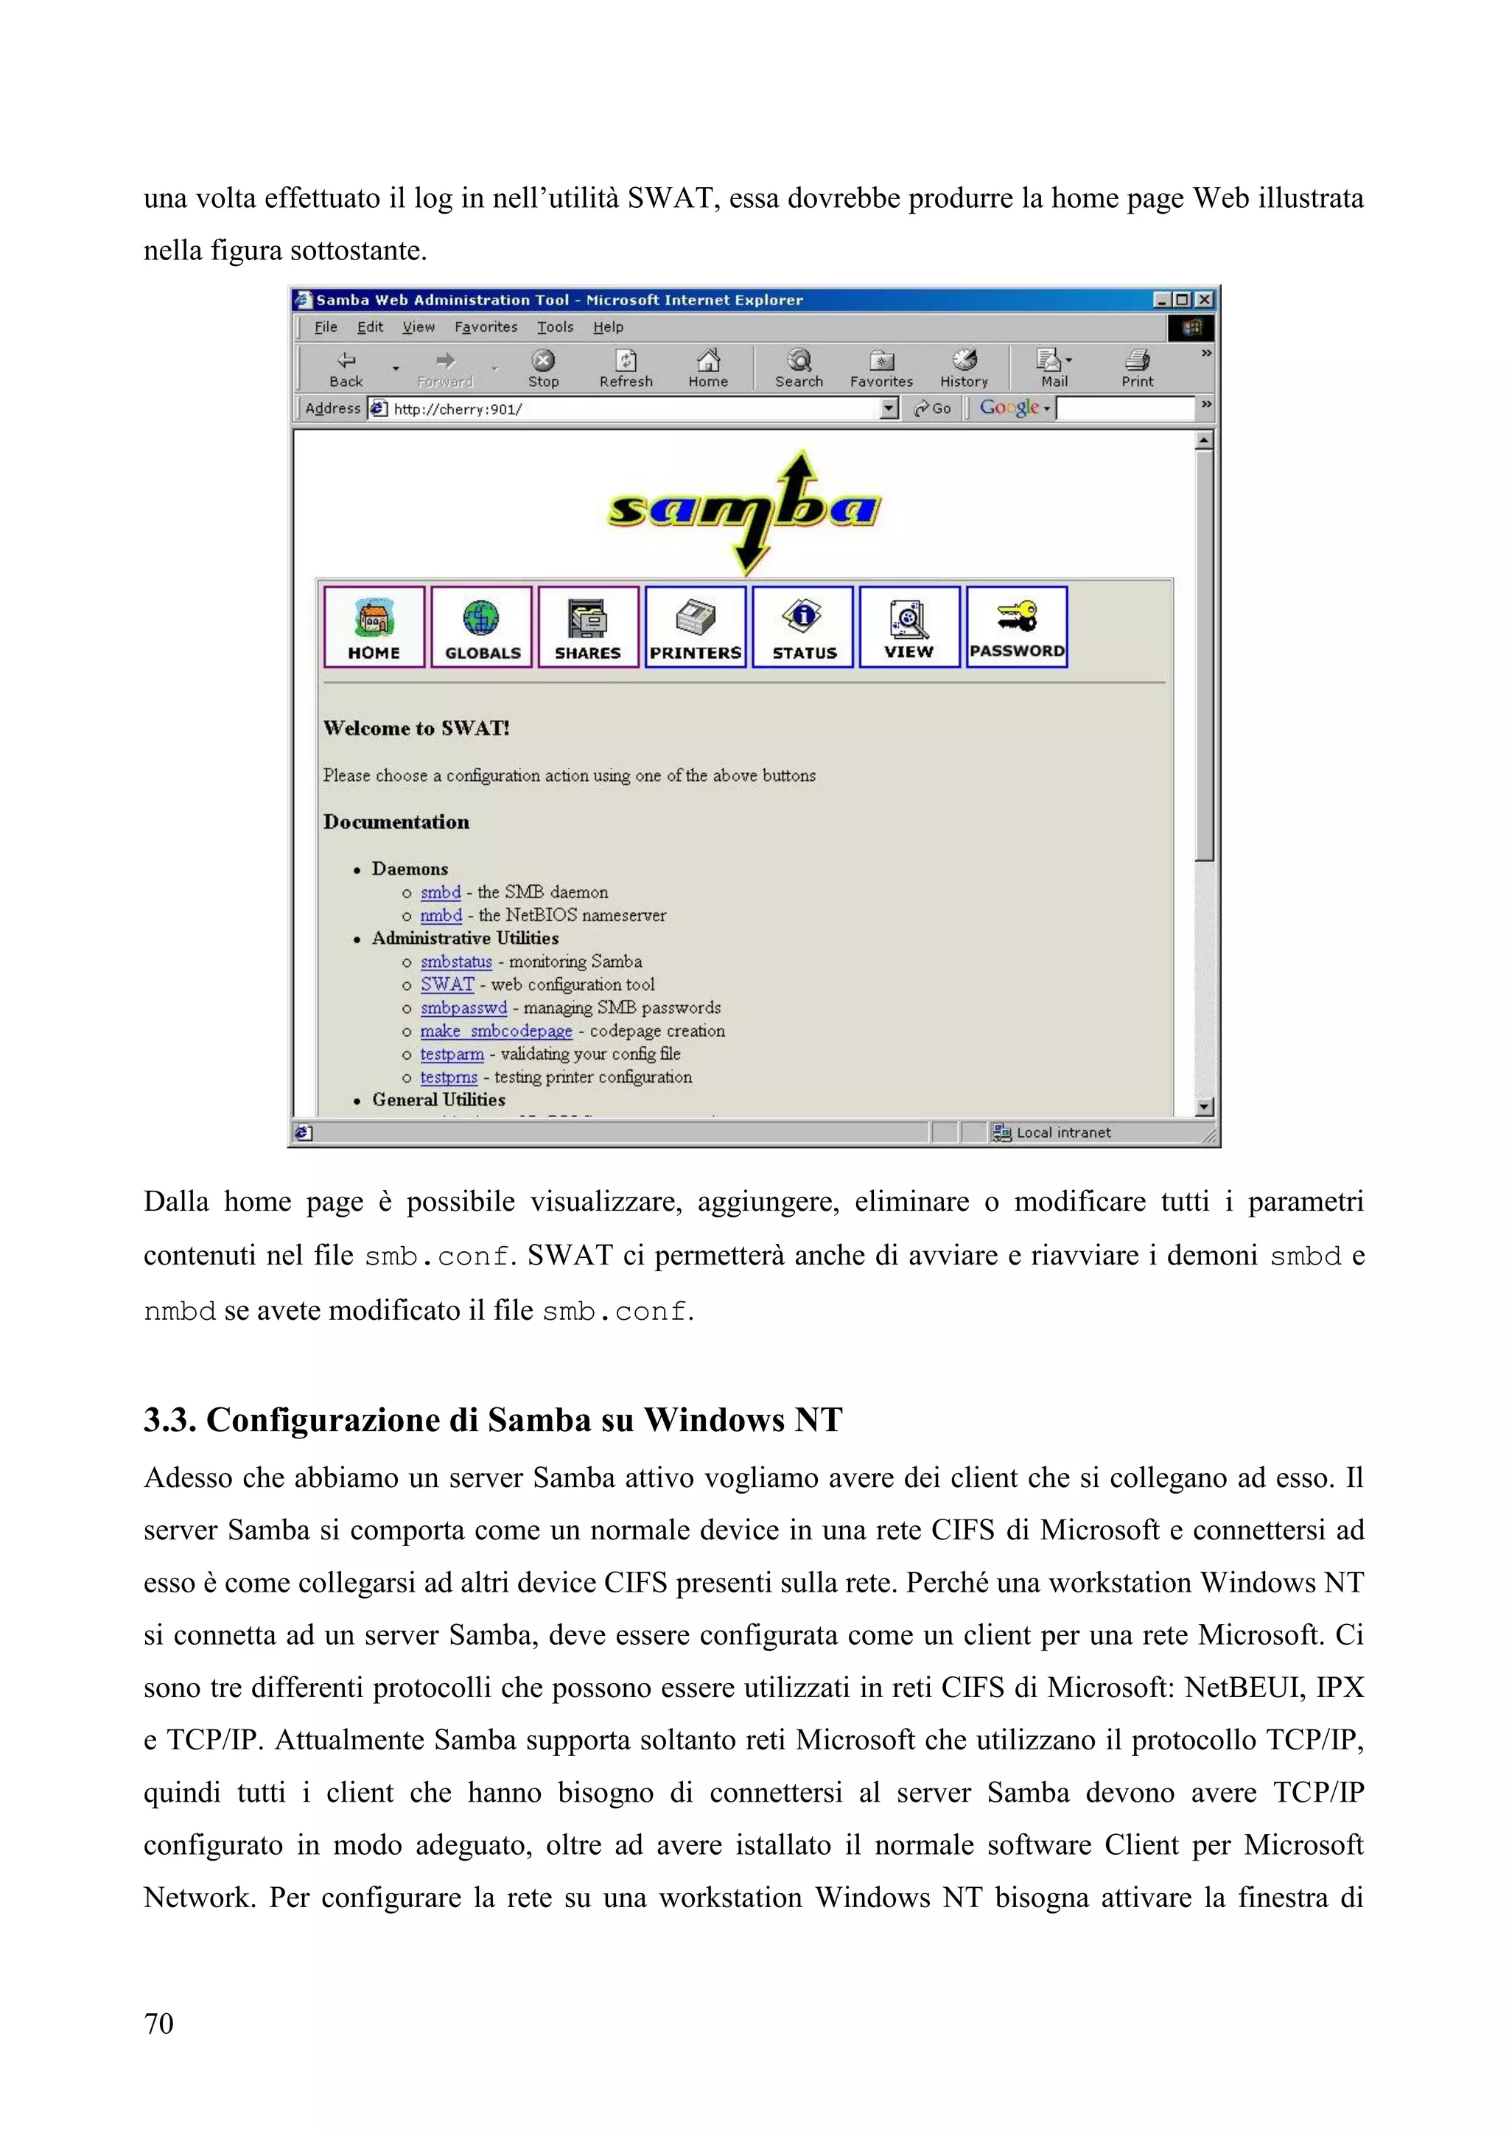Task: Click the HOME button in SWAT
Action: (x=374, y=626)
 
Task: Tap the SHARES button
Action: (x=588, y=626)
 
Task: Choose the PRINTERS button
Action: (x=695, y=626)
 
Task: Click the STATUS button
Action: (x=803, y=626)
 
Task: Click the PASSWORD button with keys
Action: (x=1017, y=626)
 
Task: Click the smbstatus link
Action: (x=455, y=962)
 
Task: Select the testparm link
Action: (x=452, y=1054)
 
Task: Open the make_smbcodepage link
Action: (x=496, y=1031)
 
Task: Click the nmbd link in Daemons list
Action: (x=441, y=915)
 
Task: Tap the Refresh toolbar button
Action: (x=626, y=368)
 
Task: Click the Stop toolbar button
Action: (x=544, y=368)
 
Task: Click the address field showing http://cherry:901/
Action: (x=632, y=409)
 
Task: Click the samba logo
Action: (x=744, y=509)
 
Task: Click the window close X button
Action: (x=1204, y=299)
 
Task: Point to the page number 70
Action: (x=159, y=2023)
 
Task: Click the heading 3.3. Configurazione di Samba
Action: (x=492, y=1419)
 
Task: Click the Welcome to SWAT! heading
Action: (x=416, y=729)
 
